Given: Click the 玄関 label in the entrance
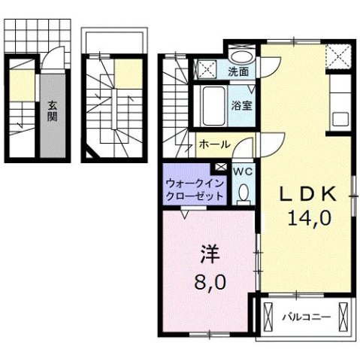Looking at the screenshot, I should point(53,111).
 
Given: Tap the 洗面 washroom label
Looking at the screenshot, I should point(239,73).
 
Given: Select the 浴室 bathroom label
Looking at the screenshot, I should point(241,106).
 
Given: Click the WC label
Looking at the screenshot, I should point(243,172).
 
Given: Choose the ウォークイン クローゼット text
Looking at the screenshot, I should point(192,189).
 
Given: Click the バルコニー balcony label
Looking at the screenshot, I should point(306,317).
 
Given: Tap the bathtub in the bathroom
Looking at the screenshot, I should point(212,106).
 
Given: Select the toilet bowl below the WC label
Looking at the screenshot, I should point(243,195).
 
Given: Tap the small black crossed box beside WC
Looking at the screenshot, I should point(221,166).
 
